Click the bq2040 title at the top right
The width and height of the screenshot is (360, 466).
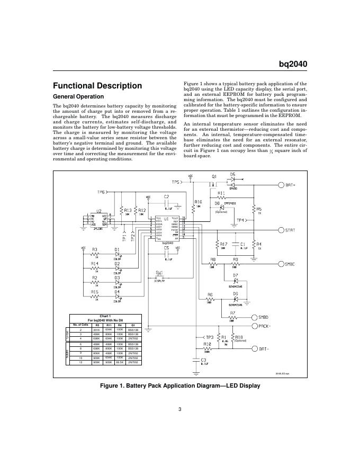[293, 65]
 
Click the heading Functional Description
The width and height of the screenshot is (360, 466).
[97, 86]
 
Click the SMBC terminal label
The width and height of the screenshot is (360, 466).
[293, 263]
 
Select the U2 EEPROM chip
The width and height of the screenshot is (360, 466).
[98, 220]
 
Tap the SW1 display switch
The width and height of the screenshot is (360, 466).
[159, 277]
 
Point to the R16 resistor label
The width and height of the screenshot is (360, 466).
[198, 202]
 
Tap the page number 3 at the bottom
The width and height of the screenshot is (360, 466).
[180, 408]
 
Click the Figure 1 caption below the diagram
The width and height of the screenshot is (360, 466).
[180, 386]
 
